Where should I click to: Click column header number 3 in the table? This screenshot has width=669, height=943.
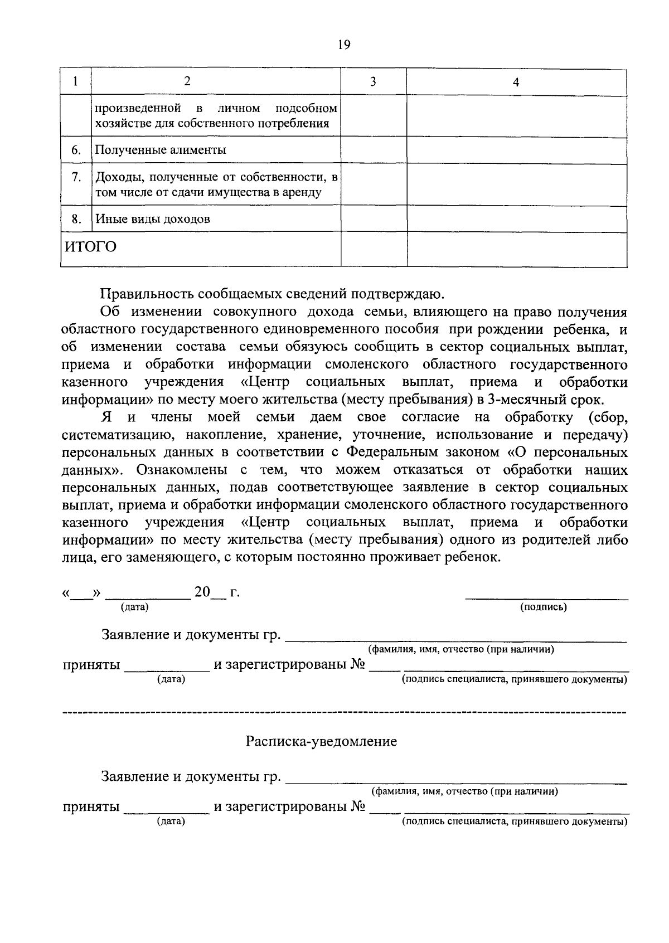(x=373, y=82)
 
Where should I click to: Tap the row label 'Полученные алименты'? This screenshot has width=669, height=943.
(x=161, y=150)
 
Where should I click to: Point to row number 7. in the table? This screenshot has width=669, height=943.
(x=76, y=177)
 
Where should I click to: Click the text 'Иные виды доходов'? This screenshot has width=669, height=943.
(x=153, y=219)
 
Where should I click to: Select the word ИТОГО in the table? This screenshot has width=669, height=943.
(x=91, y=246)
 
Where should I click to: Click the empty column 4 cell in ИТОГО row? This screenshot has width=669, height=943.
(x=516, y=249)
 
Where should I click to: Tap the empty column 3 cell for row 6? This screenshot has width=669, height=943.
(x=374, y=149)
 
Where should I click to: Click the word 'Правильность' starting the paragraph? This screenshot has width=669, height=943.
(x=146, y=294)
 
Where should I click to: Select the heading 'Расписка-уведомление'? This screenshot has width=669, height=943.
(x=322, y=742)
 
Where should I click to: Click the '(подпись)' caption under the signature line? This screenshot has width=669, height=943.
(x=543, y=607)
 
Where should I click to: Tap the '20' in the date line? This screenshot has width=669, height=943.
(x=202, y=592)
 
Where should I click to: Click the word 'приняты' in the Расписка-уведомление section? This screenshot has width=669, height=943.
(x=91, y=807)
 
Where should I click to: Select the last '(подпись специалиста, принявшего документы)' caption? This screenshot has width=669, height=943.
(x=515, y=822)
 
